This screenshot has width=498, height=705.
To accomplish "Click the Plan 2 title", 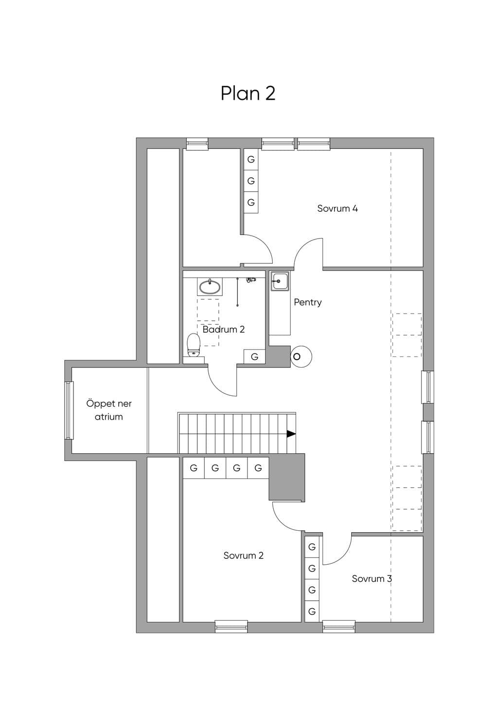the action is coord(248,93).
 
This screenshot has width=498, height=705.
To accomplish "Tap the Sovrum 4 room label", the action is coord(338,208).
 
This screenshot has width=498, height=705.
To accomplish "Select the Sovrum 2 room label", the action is coord(243,556).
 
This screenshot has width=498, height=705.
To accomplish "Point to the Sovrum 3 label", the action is coord(372,578).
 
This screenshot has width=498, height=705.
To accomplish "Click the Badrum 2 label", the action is coord(224,330).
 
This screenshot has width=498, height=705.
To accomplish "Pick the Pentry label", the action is coord(308,302).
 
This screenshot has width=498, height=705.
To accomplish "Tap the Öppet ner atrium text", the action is coord(109,410).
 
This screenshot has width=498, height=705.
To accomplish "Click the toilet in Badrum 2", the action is coord(194,345).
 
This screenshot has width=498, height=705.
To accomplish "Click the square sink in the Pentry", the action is coord(279,281).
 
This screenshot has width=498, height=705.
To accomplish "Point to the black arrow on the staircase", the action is coord(291,434).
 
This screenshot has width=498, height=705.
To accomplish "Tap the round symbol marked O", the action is coord(301,356).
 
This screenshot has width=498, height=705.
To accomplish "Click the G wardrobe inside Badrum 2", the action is coord(255,356).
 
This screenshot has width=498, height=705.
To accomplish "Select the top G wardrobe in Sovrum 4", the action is coord(251,160).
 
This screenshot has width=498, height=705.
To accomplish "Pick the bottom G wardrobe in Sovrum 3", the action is coord(312,612).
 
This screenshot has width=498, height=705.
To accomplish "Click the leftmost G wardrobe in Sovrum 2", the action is coord(194,468).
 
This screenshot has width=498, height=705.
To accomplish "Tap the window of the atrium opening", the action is coord(69,410).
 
